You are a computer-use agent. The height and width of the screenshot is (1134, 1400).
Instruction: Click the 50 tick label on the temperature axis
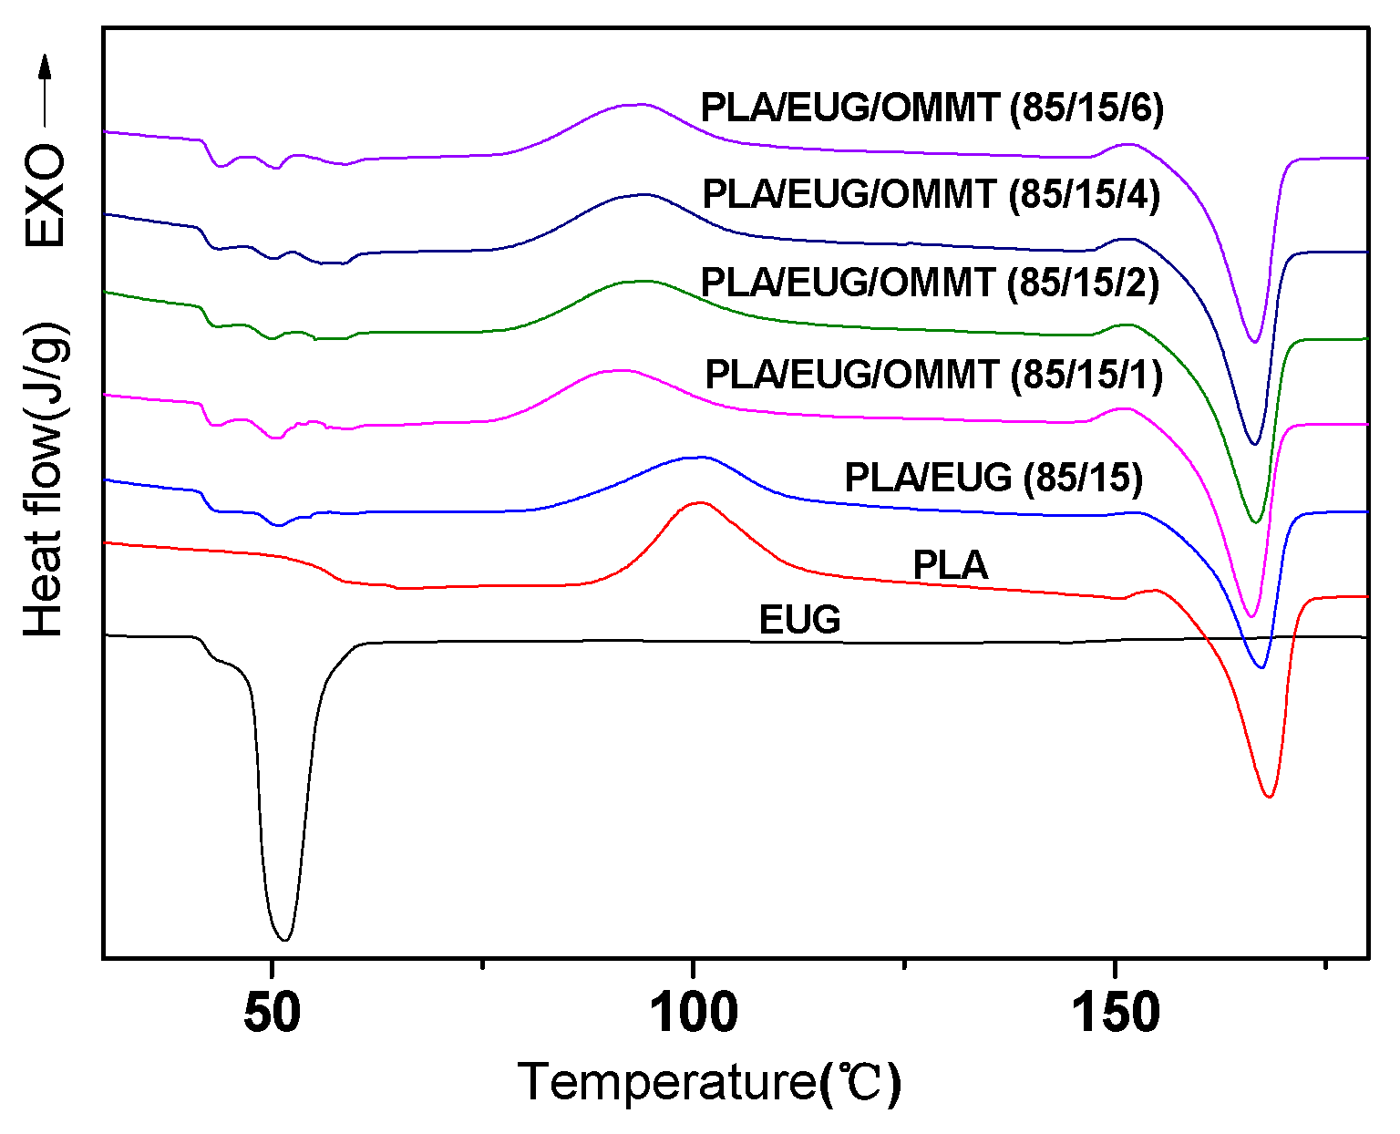pyautogui.click(x=272, y=1013)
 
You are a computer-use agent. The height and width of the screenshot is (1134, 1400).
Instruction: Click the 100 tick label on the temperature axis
pyautogui.click(x=694, y=1013)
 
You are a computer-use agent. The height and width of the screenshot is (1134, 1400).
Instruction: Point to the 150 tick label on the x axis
pyautogui.click(x=1116, y=1013)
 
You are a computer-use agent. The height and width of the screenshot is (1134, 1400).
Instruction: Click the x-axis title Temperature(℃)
pyautogui.click(x=709, y=1083)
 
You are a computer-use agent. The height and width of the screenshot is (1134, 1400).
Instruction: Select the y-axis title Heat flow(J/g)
pyautogui.click(x=45, y=479)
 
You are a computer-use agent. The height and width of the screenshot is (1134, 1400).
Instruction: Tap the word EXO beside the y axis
pyautogui.click(x=45, y=195)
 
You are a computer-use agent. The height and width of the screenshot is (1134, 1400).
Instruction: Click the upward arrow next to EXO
pyautogui.click(x=45, y=91)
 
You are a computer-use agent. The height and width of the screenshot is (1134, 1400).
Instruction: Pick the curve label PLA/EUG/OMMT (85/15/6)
pyautogui.click(x=932, y=108)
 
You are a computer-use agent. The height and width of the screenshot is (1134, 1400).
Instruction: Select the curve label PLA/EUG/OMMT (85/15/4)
pyautogui.click(x=932, y=195)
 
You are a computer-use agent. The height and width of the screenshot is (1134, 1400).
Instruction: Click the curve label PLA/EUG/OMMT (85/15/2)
pyautogui.click(x=930, y=283)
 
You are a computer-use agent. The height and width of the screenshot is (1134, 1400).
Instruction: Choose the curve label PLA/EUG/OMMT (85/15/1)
pyautogui.click(x=933, y=375)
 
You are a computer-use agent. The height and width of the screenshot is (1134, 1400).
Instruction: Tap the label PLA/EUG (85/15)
pyautogui.click(x=993, y=478)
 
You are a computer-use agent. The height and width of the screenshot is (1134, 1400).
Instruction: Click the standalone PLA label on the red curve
pyautogui.click(x=951, y=566)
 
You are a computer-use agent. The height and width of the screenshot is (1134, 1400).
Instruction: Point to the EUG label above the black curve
pyautogui.click(x=799, y=620)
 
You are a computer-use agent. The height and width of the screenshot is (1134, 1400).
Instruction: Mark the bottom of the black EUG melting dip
pyautogui.click(x=284, y=939)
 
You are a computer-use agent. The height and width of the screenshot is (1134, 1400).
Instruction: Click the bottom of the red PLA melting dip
pyautogui.click(x=1269, y=797)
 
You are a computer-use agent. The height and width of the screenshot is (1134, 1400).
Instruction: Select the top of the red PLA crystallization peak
pyautogui.click(x=699, y=502)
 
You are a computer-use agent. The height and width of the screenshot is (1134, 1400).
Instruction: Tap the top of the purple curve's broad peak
pyautogui.click(x=635, y=104)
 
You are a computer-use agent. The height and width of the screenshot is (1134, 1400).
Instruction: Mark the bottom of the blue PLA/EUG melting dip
pyautogui.click(x=1261, y=667)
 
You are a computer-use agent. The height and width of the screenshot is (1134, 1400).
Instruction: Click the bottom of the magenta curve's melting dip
pyautogui.click(x=1251, y=616)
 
